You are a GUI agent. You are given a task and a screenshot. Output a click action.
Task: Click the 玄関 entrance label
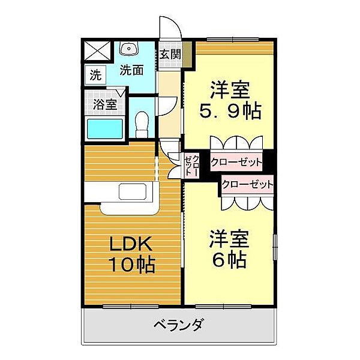170,54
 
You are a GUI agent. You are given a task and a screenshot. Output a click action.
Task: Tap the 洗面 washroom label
131,70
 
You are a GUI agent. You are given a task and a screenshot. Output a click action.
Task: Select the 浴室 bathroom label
105,104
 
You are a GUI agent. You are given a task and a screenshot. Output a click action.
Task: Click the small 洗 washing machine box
95,76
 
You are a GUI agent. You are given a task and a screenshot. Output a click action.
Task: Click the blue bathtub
105,128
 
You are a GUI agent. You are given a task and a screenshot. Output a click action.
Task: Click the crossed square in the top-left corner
95,50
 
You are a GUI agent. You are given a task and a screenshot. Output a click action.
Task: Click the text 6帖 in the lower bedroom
229,260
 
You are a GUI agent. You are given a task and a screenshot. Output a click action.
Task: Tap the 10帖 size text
132,264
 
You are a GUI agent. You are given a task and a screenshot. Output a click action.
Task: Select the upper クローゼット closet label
237,162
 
